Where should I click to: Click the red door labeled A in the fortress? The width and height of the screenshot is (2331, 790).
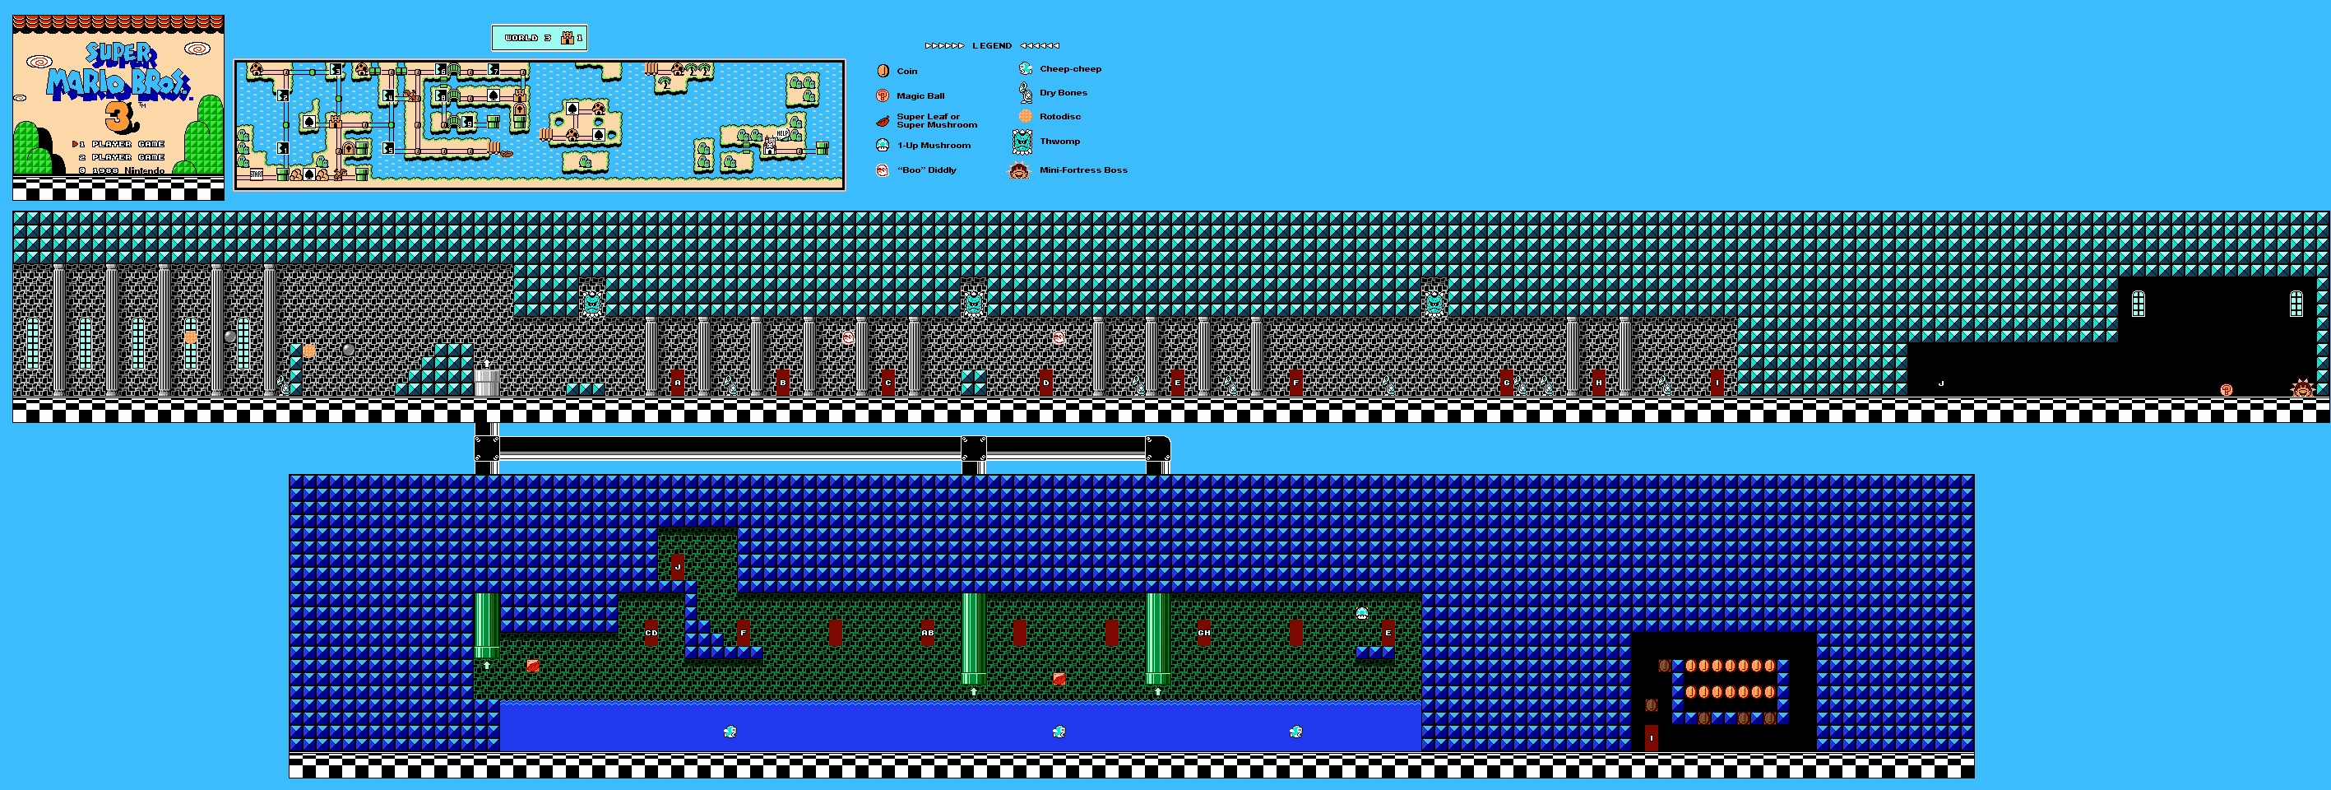pyautogui.click(x=678, y=383)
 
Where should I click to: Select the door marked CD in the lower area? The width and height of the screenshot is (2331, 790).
pyautogui.click(x=651, y=633)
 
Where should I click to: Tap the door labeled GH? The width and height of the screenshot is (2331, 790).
pyautogui.click(x=1203, y=633)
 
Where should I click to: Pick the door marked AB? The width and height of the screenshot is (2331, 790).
pyautogui.click(x=928, y=633)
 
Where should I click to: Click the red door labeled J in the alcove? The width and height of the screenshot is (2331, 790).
pyautogui.click(x=678, y=566)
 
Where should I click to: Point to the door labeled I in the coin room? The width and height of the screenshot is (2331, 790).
pyautogui.click(x=1652, y=737)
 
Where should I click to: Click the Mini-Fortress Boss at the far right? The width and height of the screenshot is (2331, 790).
pyautogui.click(x=2301, y=388)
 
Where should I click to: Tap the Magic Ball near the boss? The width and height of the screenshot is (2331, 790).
pyautogui.click(x=2226, y=390)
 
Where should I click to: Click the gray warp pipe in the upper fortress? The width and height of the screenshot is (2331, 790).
pyautogui.click(x=487, y=381)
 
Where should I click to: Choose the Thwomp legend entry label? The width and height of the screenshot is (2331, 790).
pyautogui.click(x=1059, y=142)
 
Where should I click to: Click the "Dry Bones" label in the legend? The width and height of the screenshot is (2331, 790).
pyautogui.click(x=1064, y=93)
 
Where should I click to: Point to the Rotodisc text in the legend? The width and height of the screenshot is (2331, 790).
pyautogui.click(x=1059, y=117)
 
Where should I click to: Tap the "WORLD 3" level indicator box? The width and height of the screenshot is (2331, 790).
pyautogui.click(x=540, y=38)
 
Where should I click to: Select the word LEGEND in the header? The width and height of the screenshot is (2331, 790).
pyautogui.click(x=992, y=46)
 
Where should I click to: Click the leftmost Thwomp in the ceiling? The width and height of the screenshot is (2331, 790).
pyautogui.click(x=593, y=303)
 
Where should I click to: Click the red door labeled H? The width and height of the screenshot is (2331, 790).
pyautogui.click(x=1599, y=383)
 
